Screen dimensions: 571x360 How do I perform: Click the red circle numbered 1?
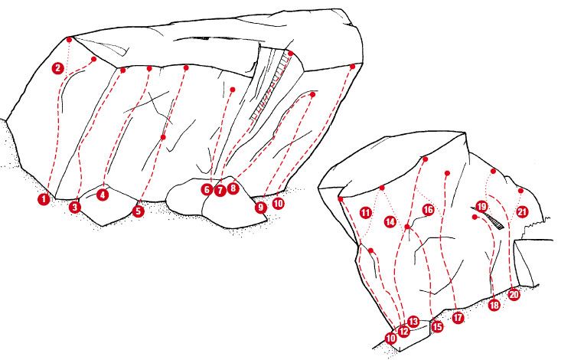pyautogui.click(x=44, y=199)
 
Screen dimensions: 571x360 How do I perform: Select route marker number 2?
pyautogui.click(x=58, y=68)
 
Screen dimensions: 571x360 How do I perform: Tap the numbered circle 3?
pyautogui.click(x=75, y=208)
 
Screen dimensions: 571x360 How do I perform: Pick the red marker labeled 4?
pyautogui.click(x=103, y=195)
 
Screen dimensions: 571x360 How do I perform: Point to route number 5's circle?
pyautogui.click(x=138, y=211)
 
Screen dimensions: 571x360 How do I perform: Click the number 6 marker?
pyautogui.click(x=207, y=189)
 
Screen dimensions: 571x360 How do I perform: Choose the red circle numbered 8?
pyautogui.click(x=233, y=188)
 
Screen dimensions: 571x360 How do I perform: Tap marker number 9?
pyautogui.click(x=261, y=208)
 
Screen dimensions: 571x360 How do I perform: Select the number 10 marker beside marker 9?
pyautogui.click(x=278, y=203)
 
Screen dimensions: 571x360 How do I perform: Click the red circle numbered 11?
pyautogui.click(x=366, y=213)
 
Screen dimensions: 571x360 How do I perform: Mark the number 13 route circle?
pyautogui.click(x=413, y=322)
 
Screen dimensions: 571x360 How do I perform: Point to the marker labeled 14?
pyautogui.click(x=390, y=221)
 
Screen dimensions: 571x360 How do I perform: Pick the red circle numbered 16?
pyautogui.click(x=429, y=210)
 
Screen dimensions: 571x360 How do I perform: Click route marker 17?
pyautogui.click(x=458, y=317)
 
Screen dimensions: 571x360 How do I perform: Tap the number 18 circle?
pyautogui.click(x=494, y=305)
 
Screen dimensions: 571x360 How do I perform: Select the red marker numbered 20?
pyautogui.click(x=514, y=294)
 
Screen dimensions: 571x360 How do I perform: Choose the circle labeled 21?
pyautogui.click(x=523, y=211)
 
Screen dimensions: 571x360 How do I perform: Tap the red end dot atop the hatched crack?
pyautogui.click(x=291, y=54)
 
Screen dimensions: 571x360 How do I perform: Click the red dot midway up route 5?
pyautogui.click(x=163, y=137)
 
